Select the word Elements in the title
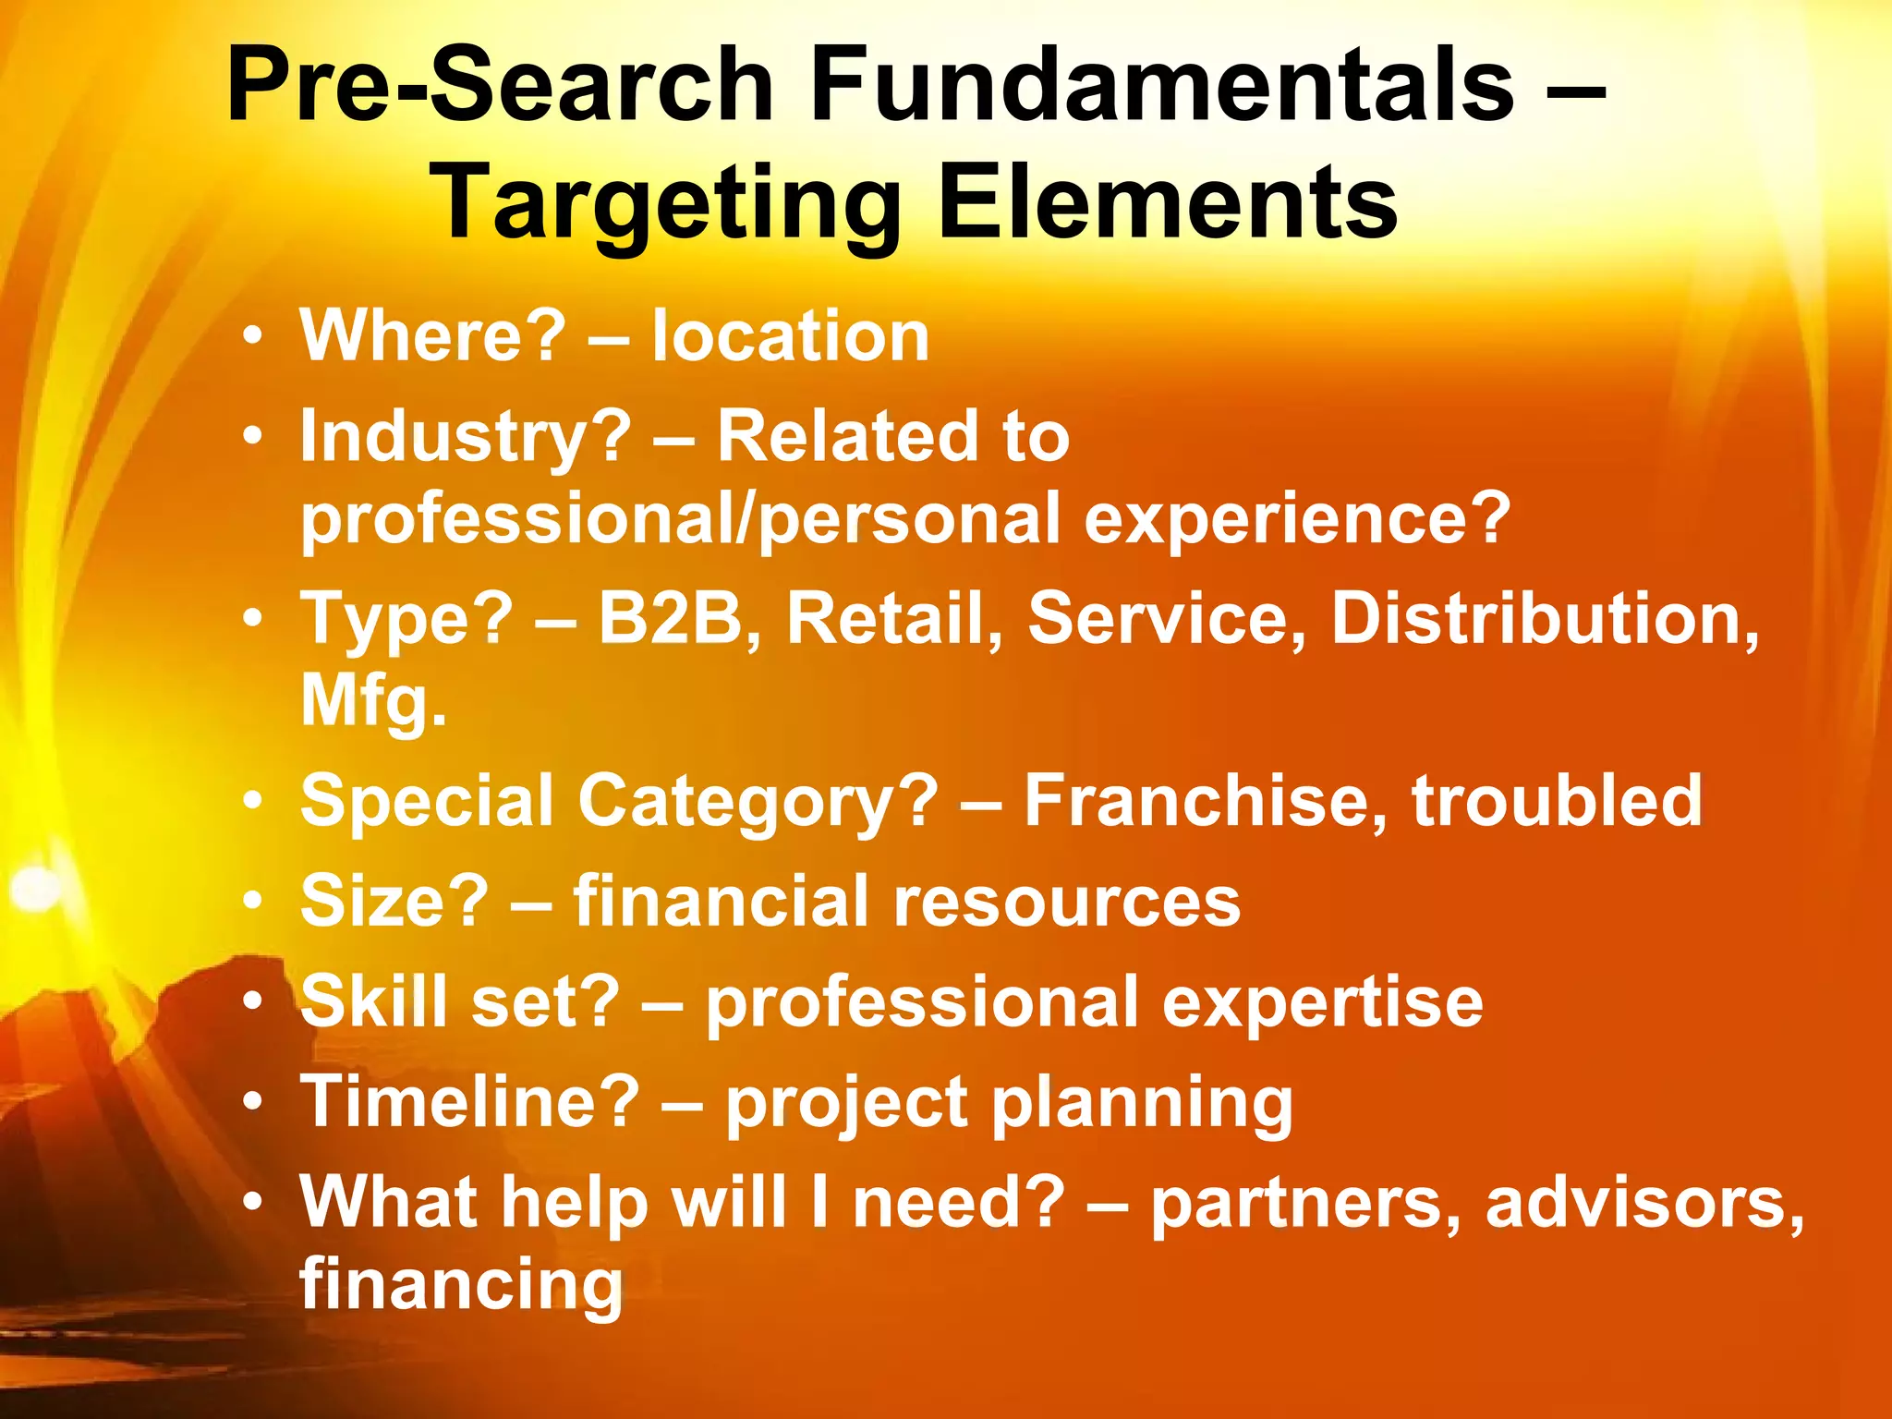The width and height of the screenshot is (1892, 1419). [1168, 201]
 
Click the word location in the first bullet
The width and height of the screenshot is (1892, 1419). [791, 335]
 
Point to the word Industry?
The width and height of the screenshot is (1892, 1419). [467, 437]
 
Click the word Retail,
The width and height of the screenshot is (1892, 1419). [894, 618]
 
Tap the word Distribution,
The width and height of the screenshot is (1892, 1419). [1546, 618]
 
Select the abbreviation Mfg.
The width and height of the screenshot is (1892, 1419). [373, 701]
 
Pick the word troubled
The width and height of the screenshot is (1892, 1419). [1557, 800]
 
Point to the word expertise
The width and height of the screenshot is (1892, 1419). [1322, 1001]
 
